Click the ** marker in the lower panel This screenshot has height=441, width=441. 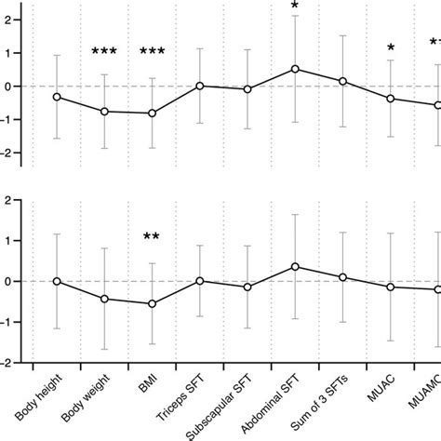coord(152,237)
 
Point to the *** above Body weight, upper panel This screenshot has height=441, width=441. coord(104,52)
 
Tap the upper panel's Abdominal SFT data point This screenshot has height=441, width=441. coord(295,69)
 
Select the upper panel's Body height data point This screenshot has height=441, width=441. coord(57,97)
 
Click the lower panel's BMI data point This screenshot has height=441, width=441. coord(152,303)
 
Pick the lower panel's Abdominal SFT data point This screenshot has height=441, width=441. coord(295,266)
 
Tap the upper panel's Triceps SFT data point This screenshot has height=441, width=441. coord(200,86)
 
